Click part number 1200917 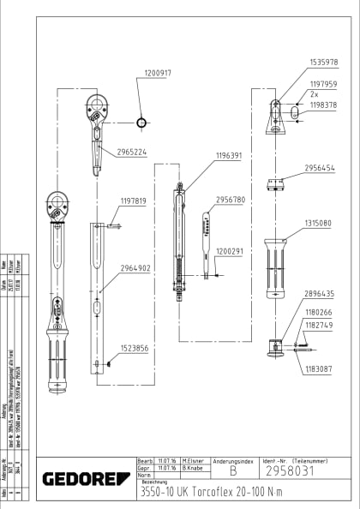[158, 74]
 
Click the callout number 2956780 [231, 200]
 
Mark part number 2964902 [135, 268]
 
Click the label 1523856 [135, 349]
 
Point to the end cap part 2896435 [277, 347]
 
